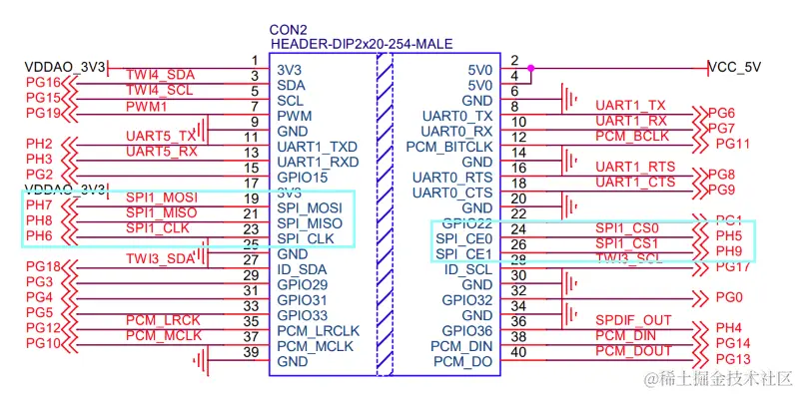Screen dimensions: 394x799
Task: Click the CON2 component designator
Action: [x=289, y=31]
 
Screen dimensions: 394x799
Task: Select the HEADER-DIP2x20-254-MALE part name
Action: [x=361, y=46]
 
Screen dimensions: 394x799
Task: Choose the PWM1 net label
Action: [x=146, y=106]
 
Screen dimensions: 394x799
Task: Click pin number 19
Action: [x=251, y=198]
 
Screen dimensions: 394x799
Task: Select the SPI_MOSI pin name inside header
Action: [x=310, y=206]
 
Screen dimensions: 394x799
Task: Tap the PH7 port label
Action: [x=39, y=205]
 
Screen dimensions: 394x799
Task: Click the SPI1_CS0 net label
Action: [x=628, y=228]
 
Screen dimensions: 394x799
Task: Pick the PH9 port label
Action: [x=729, y=250]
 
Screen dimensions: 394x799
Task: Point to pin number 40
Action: [x=517, y=351]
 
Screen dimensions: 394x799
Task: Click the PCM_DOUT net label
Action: [x=633, y=351]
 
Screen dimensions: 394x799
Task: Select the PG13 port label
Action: [x=732, y=359]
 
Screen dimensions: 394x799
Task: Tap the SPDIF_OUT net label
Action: [x=634, y=320]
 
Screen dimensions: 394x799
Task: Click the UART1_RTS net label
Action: [x=635, y=167]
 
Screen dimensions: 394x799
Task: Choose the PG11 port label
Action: [x=732, y=144]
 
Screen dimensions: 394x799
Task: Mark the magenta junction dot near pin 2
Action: [x=531, y=69]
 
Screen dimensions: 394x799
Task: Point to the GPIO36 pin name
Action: [x=468, y=330]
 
